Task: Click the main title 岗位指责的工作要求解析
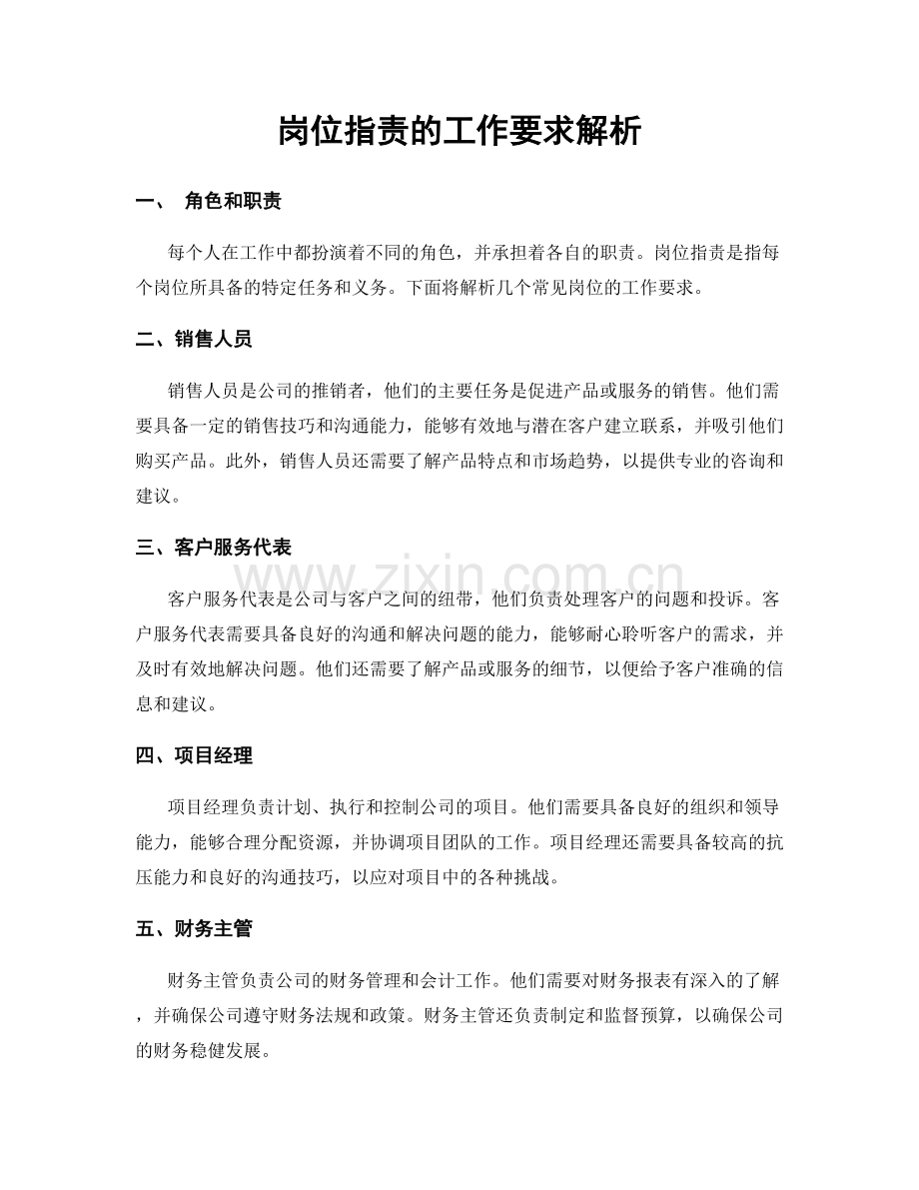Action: click(459, 130)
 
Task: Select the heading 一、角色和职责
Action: click(209, 202)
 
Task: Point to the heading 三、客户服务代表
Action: click(214, 547)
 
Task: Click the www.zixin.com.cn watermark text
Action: click(459, 578)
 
